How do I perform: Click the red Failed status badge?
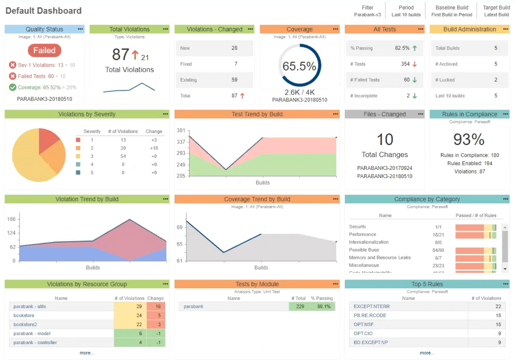tap(44, 50)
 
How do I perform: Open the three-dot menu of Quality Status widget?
tap(80, 29)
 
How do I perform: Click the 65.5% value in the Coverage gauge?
tap(299, 66)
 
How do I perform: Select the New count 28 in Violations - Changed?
tap(234, 48)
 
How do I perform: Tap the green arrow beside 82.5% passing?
tap(415, 48)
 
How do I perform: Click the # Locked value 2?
tap(496, 80)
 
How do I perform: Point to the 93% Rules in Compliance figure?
tap(469, 139)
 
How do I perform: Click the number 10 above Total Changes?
tap(385, 139)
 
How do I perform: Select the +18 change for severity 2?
tap(154, 148)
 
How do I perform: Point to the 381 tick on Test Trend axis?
tap(181, 131)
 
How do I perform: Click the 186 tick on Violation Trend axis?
tap(11, 219)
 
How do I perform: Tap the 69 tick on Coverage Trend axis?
tap(180, 228)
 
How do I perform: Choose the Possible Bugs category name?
tap(364, 250)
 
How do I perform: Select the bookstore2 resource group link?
tap(25, 324)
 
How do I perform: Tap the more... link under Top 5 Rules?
tap(427, 353)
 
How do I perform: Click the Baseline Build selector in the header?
tap(451, 11)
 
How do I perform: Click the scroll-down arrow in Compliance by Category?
tap(505, 268)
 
